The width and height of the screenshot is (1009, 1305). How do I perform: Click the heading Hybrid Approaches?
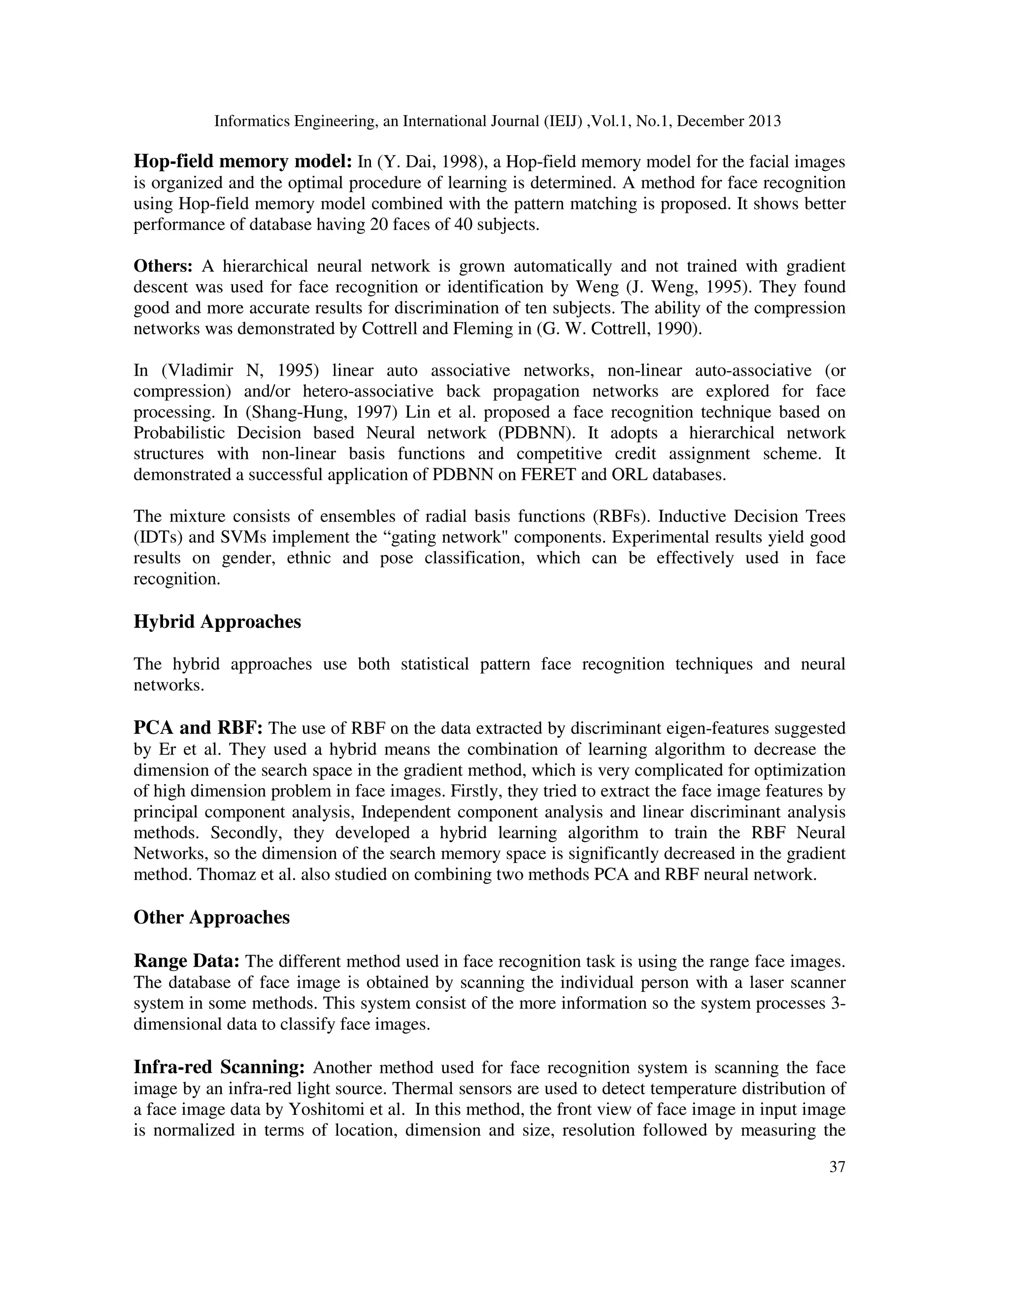[x=217, y=622]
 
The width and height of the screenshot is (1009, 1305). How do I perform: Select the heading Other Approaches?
[x=211, y=917]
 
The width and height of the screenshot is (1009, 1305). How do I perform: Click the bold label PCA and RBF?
[x=198, y=728]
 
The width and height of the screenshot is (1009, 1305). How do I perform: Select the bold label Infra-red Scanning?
[x=219, y=1067]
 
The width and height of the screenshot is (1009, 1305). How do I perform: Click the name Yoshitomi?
[x=322, y=1109]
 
